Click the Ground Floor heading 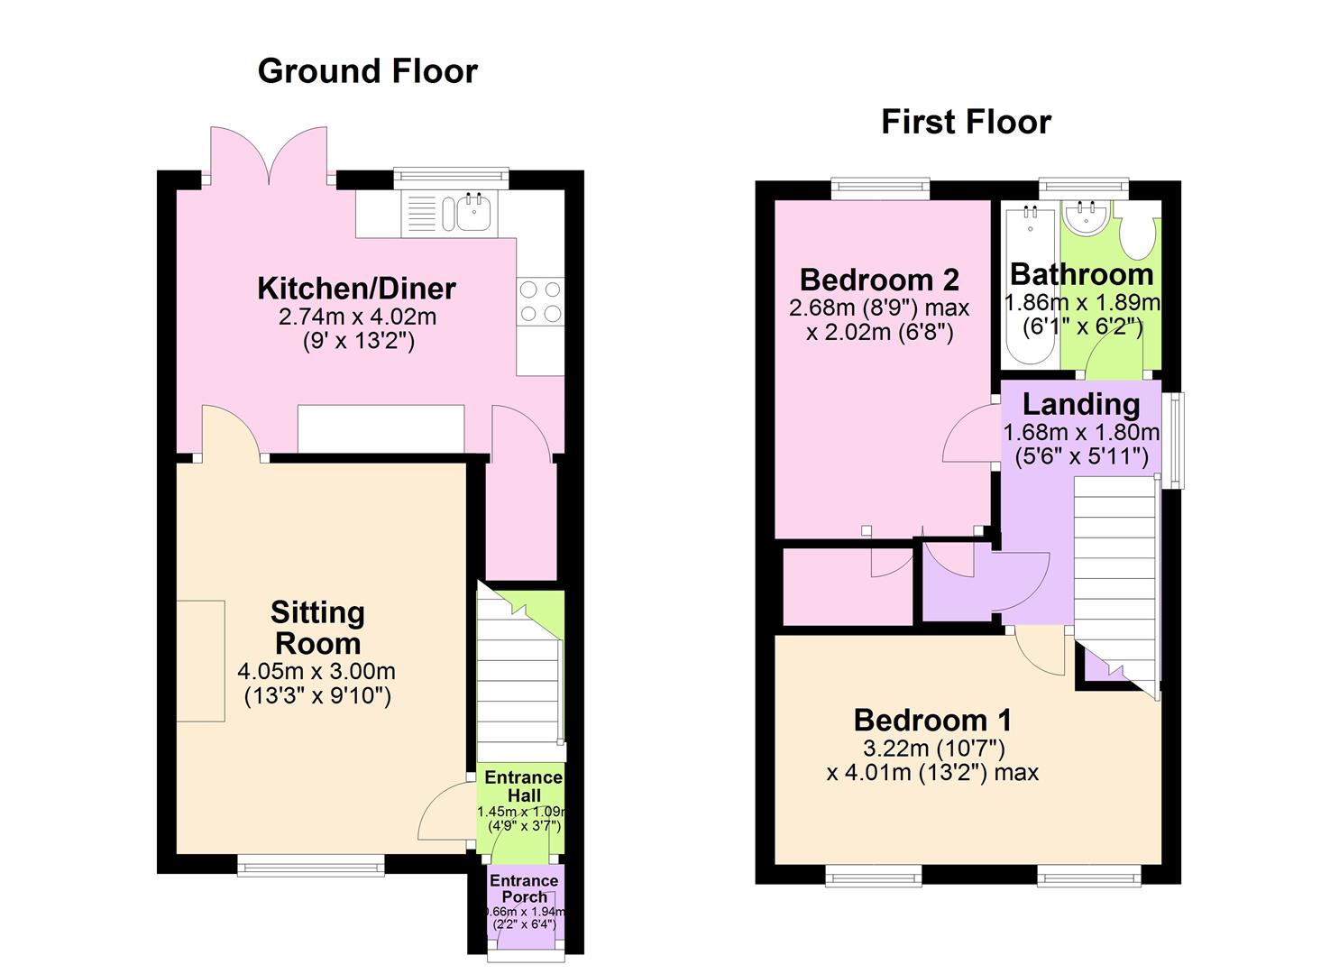[367, 71]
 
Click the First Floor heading [966, 122]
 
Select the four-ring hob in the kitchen [539, 301]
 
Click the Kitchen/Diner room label [356, 289]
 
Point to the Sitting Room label [317, 628]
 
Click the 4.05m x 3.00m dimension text [316, 671]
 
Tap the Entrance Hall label [523, 786]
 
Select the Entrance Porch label [524, 888]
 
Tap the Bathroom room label [1081, 274]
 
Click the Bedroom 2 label [879, 280]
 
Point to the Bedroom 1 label [932, 720]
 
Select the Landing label [1080, 405]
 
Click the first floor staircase [1114, 577]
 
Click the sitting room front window [311, 864]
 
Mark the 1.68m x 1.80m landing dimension [1081, 432]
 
